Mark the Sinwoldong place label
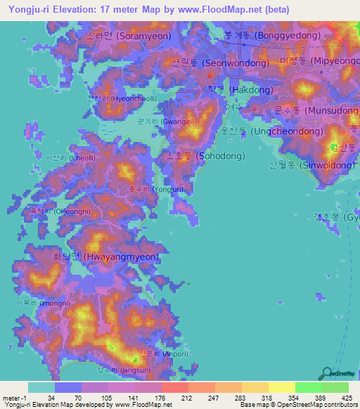[x=311, y=165]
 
